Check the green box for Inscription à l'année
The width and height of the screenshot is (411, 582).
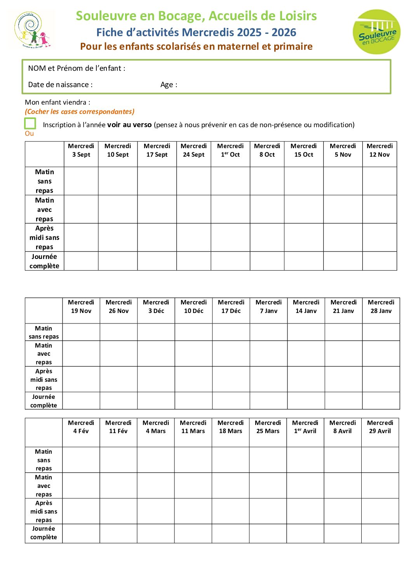(30, 124)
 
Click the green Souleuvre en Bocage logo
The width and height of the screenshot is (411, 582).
(376, 32)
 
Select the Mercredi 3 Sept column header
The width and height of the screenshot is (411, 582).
(81, 150)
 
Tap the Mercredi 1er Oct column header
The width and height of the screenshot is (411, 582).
(230, 150)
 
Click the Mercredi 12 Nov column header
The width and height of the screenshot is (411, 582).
(380, 150)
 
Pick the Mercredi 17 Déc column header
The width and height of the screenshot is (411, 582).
(231, 307)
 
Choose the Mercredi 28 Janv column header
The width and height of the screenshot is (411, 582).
(381, 307)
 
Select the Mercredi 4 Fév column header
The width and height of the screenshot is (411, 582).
(81, 427)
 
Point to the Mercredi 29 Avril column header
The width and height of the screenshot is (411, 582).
(380, 427)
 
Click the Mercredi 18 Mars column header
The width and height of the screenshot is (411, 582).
(230, 427)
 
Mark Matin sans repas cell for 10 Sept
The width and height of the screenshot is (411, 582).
(118, 181)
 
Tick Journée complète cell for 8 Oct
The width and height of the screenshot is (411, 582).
(267, 261)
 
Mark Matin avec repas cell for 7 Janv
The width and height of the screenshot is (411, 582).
(268, 353)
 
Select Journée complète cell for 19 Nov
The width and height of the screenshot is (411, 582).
(81, 400)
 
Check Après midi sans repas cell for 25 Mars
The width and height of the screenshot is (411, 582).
(268, 511)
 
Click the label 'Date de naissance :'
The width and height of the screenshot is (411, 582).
(60, 85)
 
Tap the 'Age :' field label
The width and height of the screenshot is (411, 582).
(169, 85)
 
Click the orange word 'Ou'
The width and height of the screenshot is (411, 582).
(29, 133)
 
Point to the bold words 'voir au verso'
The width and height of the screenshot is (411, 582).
(129, 125)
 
